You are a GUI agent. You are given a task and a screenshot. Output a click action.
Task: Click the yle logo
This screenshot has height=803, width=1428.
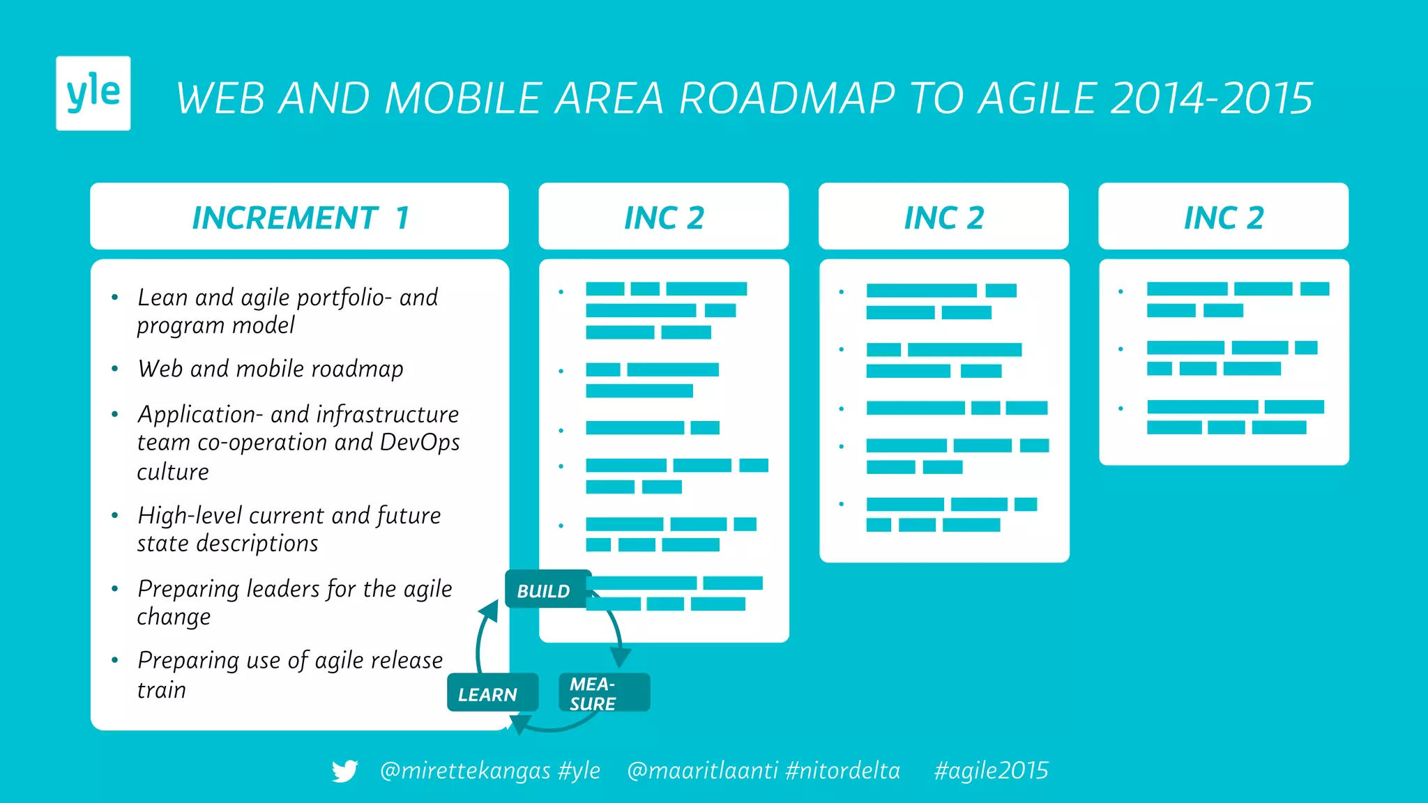tap(93, 93)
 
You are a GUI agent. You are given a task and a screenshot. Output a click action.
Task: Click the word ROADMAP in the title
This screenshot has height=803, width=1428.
tap(787, 98)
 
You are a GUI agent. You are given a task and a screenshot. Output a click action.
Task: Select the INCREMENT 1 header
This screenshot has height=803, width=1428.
tap(299, 217)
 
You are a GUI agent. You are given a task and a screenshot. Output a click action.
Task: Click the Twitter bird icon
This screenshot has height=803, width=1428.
tap(344, 771)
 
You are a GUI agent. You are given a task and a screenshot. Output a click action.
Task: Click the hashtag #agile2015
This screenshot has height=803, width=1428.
tap(991, 771)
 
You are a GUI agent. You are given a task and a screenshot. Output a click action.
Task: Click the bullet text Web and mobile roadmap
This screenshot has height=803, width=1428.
tap(271, 369)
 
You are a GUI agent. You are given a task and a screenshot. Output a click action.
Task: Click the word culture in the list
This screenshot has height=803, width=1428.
tap(173, 472)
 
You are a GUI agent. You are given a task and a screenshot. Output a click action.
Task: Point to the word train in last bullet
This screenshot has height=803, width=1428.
tap(162, 690)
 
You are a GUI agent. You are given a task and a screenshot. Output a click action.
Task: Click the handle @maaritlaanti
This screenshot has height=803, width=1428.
tap(702, 771)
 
